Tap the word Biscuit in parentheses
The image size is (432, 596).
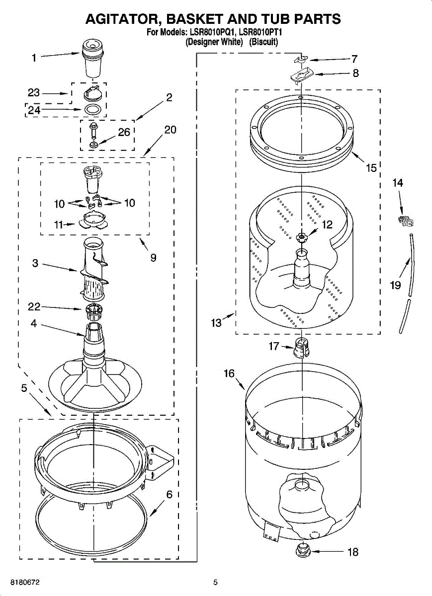click(x=263, y=42)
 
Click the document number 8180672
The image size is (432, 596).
click(x=21, y=582)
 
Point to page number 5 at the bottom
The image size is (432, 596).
click(x=215, y=582)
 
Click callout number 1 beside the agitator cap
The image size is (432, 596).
click(x=34, y=58)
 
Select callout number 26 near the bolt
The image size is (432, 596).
click(x=124, y=133)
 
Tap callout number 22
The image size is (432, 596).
click(x=34, y=308)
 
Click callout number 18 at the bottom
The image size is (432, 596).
click(x=352, y=552)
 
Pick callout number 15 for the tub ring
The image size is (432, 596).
click(x=371, y=167)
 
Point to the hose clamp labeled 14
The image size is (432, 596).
click(x=404, y=219)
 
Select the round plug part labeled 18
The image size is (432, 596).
click(x=301, y=550)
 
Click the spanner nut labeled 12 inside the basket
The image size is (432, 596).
click(x=301, y=237)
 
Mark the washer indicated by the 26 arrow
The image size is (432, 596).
click(x=93, y=145)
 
